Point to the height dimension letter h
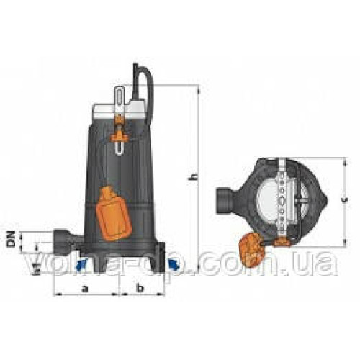(193, 176)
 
